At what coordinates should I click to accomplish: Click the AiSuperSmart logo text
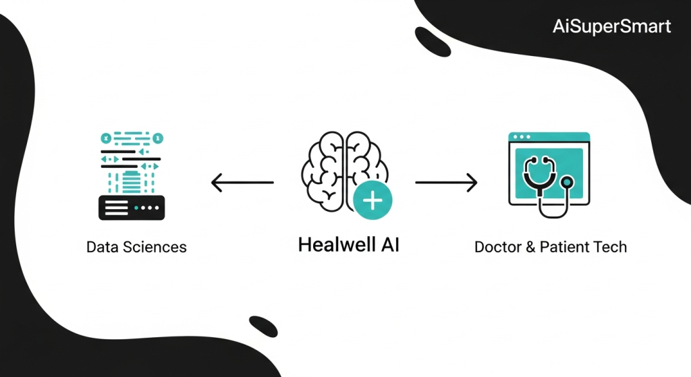612,27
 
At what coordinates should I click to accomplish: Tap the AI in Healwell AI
388,244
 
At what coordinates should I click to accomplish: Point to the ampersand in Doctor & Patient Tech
531,247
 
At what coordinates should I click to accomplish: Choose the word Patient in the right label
563,247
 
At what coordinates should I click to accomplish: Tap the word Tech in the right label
610,247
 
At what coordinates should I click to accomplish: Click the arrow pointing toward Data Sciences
242,182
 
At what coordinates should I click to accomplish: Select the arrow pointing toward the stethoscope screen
446,182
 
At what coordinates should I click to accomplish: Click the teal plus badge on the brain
372,200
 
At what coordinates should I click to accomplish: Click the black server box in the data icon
131,208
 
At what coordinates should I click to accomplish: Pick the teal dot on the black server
138,208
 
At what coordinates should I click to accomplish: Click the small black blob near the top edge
433,41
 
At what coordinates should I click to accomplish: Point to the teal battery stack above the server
131,181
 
